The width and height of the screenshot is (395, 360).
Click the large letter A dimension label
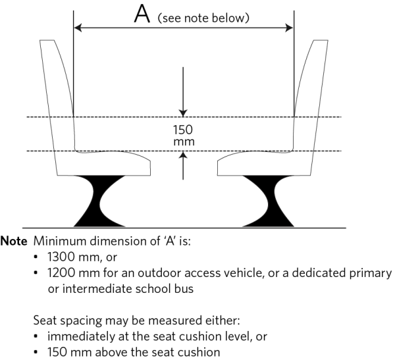click(142, 14)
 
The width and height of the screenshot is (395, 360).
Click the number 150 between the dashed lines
click(183, 129)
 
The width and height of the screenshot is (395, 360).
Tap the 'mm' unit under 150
click(183, 141)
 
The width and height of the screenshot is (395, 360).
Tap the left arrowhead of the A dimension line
click(78, 28)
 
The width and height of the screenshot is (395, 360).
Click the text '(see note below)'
click(203, 18)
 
